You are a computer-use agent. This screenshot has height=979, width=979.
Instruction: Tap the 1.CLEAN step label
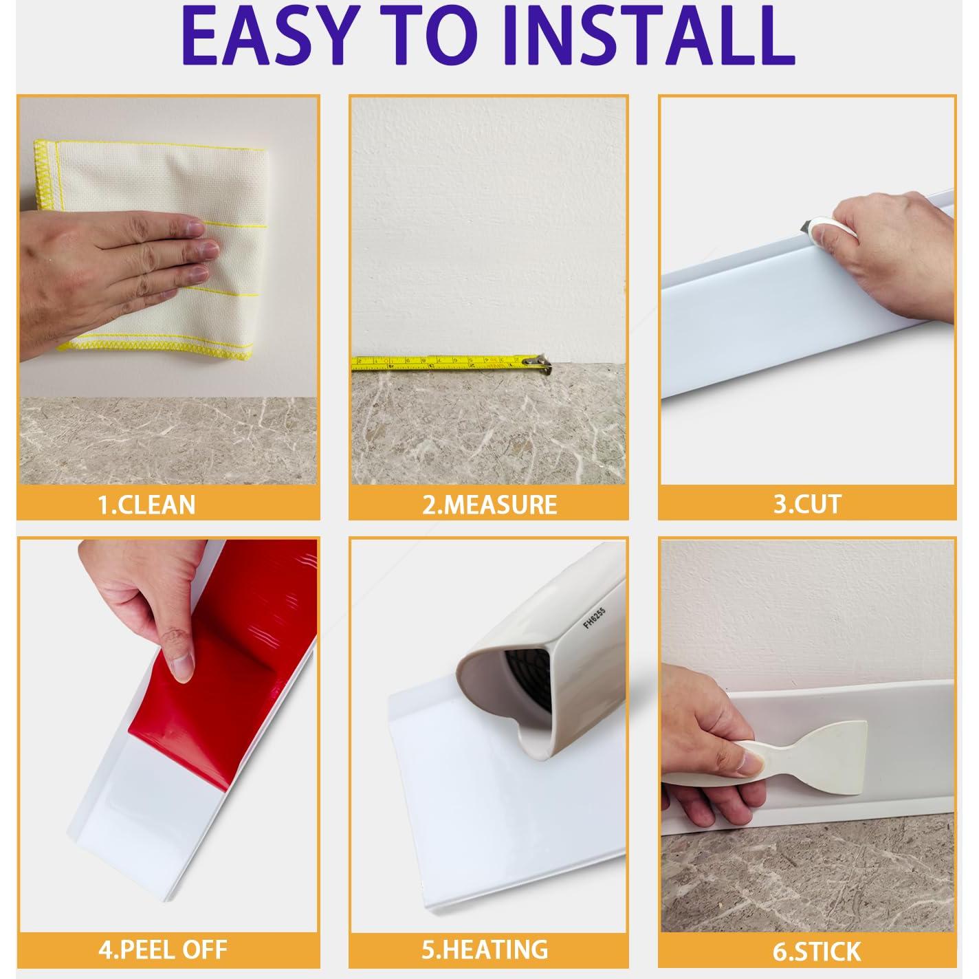(x=146, y=505)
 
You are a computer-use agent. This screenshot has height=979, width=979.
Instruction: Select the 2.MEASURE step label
(x=489, y=505)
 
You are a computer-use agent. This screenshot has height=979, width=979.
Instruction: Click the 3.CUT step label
(x=807, y=504)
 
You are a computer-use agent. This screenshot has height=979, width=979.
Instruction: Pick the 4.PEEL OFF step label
(x=162, y=950)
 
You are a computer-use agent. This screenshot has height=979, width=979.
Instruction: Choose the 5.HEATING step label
(x=485, y=949)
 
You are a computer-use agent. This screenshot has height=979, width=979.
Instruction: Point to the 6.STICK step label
(x=817, y=951)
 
